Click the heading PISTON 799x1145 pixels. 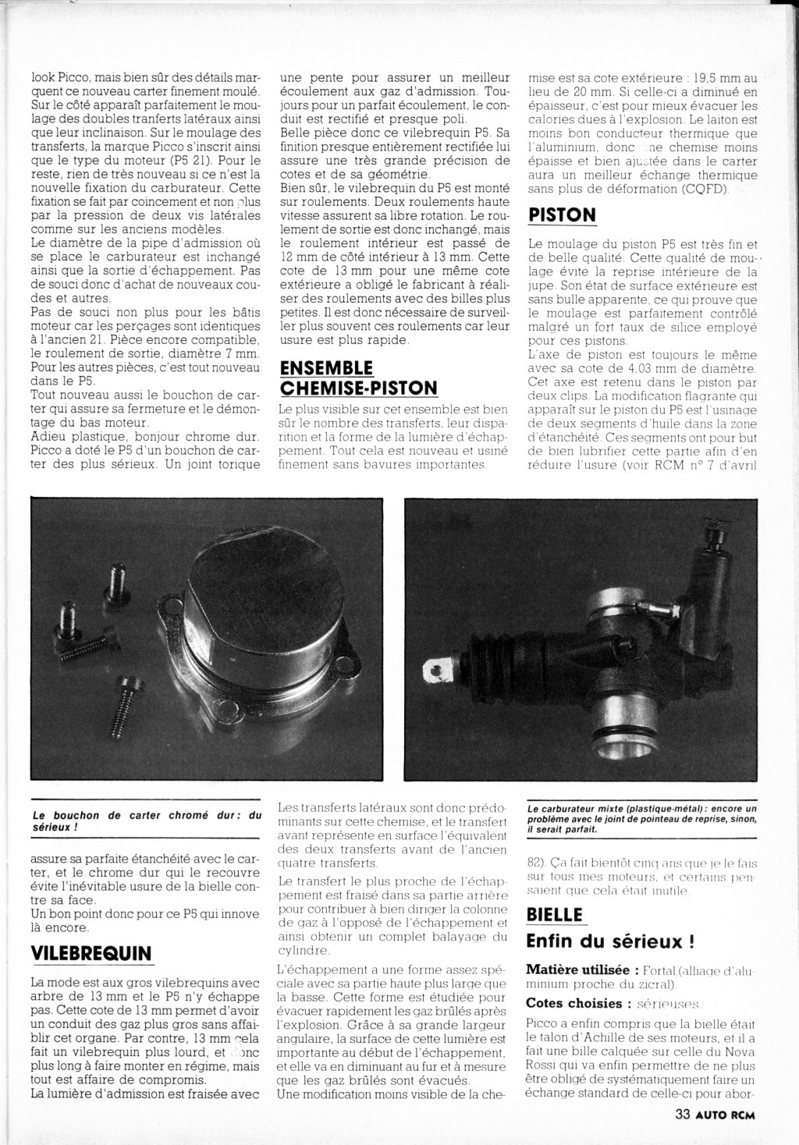tap(562, 214)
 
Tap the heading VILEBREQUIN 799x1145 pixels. tap(91, 953)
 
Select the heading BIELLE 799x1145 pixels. tap(554, 913)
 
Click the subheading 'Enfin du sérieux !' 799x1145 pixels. tap(610, 941)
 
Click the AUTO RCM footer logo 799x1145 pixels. tap(726, 1114)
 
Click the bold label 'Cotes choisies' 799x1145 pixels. tap(574, 1003)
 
